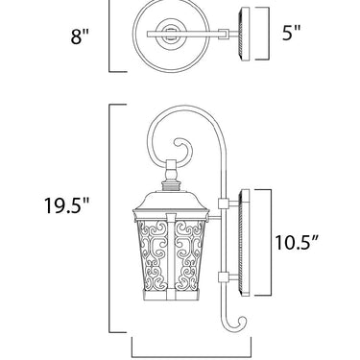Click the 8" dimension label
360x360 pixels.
pyautogui.click(x=80, y=36)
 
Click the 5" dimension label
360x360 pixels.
pyautogui.click(x=291, y=33)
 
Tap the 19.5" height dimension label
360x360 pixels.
pyautogui.click(x=66, y=204)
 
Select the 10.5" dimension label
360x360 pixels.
pyautogui.click(x=298, y=242)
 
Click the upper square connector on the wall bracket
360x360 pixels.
pyautogui.click(x=223, y=204)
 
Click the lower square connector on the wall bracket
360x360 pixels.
pyautogui.click(x=223, y=277)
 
